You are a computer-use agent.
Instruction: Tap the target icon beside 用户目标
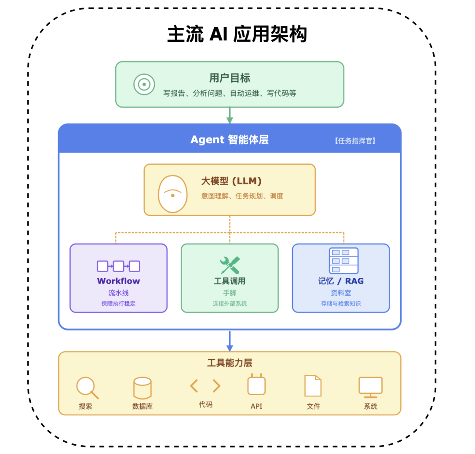click(x=144, y=84)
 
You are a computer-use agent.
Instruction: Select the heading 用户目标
click(x=230, y=78)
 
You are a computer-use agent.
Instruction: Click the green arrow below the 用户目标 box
click(x=229, y=116)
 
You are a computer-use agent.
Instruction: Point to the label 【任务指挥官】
click(x=355, y=141)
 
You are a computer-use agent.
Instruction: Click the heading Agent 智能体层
click(x=229, y=140)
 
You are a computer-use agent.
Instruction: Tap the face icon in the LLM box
click(x=173, y=194)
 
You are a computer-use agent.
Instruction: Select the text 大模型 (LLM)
click(x=231, y=181)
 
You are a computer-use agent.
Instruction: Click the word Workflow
click(x=118, y=281)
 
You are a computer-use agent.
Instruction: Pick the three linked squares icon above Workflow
click(x=118, y=266)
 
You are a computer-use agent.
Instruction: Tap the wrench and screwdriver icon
click(x=230, y=265)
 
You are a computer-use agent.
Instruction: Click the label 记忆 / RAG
click(x=341, y=281)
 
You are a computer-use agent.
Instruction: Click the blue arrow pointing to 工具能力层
click(x=229, y=341)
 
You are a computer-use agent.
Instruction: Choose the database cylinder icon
click(x=142, y=388)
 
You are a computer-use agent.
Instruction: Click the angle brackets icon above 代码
click(x=205, y=386)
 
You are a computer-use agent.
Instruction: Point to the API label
click(x=256, y=406)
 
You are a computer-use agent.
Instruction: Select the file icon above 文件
click(x=313, y=386)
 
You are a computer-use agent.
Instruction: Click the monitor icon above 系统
click(x=370, y=386)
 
